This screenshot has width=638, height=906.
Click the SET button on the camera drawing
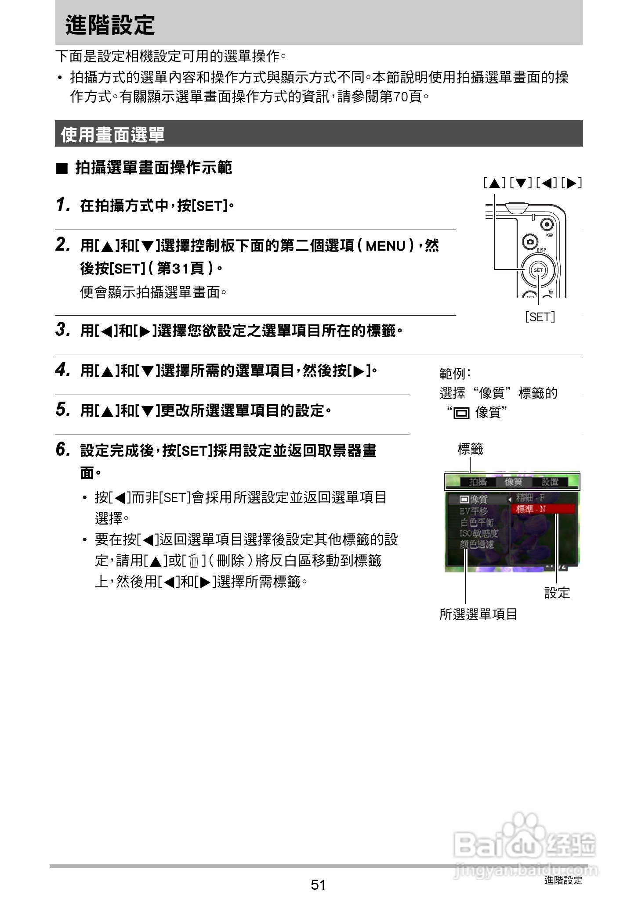(x=538, y=270)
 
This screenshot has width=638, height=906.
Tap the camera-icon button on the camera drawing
(x=530, y=242)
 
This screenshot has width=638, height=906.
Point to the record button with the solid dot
(x=546, y=224)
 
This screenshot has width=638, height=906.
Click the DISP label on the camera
(x=541, y=250)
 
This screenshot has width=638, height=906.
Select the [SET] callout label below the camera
(x=540, y=317)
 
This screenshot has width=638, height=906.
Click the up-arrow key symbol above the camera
(x=494, y=183)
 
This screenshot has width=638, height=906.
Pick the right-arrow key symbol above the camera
(x=572, y=183)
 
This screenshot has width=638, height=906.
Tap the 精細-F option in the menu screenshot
(x=530, y=498)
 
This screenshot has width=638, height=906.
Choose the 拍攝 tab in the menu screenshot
(x=478, y=482)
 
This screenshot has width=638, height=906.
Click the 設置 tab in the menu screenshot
(x=550, y=482)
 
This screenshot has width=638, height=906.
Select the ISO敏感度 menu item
(x=478, y=533)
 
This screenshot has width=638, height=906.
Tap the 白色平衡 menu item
(x=477, y=522)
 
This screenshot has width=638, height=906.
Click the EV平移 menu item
(x=474, y=511)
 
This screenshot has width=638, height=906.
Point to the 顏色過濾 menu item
(x=477, y=545)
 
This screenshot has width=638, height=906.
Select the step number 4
(x=62, y=370)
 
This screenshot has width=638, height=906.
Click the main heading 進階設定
(x=110, y=25)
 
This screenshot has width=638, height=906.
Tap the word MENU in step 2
(x=385, y=246)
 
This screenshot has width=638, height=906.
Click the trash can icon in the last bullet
(x=193, y=561)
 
